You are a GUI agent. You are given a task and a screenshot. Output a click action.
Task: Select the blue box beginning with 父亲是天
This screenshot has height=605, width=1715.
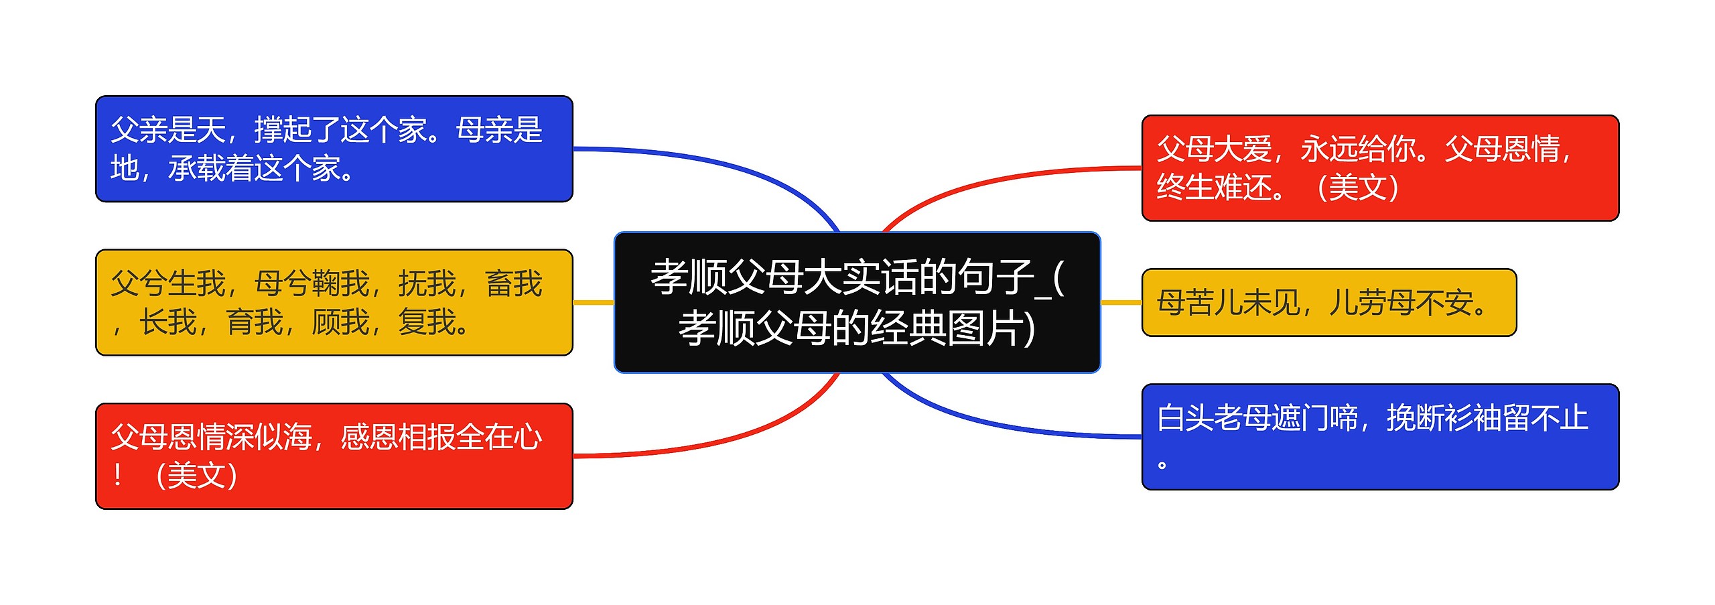click(334, 149)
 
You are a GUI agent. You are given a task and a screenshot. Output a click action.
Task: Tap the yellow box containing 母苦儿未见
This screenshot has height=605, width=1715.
click(1328, 302)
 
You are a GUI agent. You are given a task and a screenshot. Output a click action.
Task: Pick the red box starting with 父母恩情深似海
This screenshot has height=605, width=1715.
click(334, 456)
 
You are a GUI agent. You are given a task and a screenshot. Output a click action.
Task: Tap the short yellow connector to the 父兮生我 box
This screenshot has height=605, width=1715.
click(593, 302)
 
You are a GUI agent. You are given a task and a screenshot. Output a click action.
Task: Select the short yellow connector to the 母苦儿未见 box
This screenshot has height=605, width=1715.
click(1121, 302)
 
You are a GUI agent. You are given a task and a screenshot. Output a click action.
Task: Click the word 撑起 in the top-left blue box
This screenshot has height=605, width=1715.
click(283, 130)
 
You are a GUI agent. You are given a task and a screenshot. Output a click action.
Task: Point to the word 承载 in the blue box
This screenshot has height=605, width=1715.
click(196, 168)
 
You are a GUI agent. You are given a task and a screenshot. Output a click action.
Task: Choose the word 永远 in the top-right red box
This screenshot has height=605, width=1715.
click(1328, 149)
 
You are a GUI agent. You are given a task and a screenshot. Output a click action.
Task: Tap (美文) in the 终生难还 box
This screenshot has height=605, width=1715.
click(1357, 188)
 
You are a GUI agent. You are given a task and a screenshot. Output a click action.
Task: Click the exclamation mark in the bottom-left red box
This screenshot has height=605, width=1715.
click(118, 475)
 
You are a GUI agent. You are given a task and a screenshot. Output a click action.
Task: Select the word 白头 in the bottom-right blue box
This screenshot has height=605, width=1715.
click(1185, 418)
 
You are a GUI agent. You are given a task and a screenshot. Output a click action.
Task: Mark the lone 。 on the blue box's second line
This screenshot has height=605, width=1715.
click(1162, 464)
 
